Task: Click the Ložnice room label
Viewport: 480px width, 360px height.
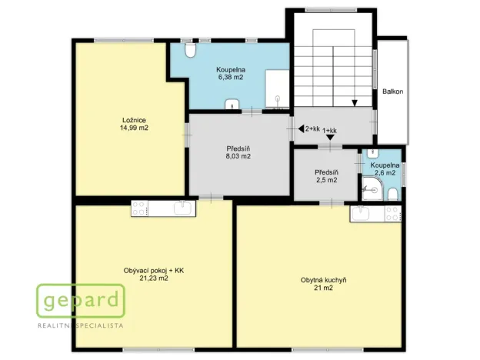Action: pyautogui.click(x=135, y=119)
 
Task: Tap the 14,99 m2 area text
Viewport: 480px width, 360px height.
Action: pyautogui.click(x=135, y=128)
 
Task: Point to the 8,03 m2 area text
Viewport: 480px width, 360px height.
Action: pyautogui.click(x=238, y=156)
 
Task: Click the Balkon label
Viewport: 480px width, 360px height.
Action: pyautogui.click(x=392, y=92)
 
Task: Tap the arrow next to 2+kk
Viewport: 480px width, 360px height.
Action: pyautogui.click(x=301, y=130)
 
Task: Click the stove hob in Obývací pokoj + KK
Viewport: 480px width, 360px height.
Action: pyautogui.click(x=140, y=207)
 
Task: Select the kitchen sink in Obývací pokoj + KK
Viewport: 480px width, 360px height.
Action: pyautogui.click(x=183, y=207)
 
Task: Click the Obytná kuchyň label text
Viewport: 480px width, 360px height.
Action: pyautogui.click(x=323, y=280)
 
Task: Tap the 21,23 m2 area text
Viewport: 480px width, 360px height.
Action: pyautogui.click(x=154, y=278)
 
